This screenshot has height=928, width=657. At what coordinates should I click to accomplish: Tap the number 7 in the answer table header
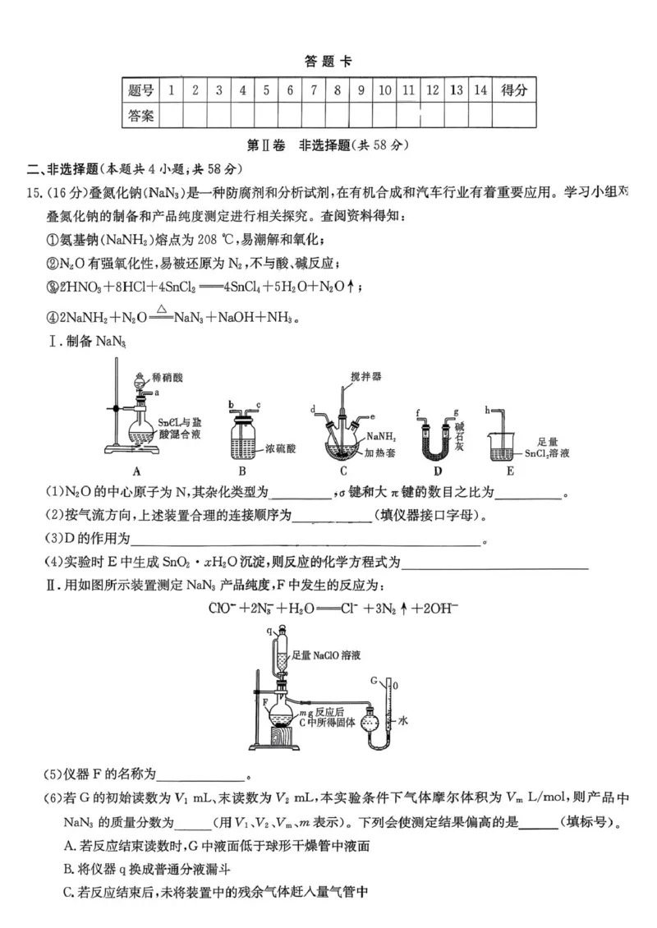click(313, 90)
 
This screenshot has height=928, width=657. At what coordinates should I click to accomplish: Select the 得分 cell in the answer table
click(514, 90)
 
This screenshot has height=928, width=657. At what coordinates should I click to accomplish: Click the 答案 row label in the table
click(141, 116)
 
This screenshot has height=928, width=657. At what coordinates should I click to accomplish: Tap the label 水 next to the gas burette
click(403, 719)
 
